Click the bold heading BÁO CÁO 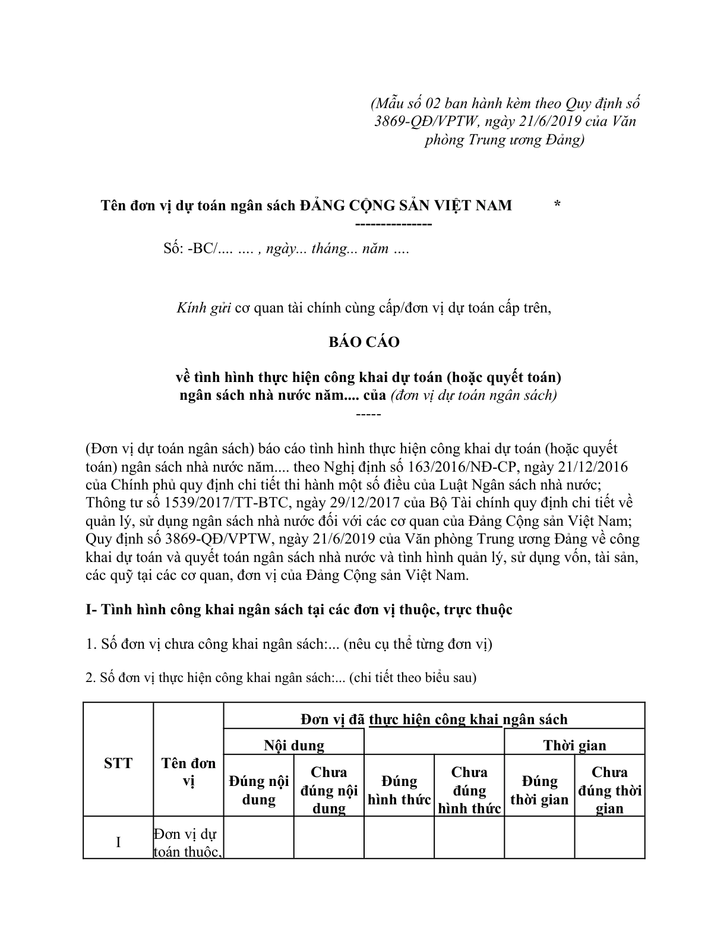coord(364,342)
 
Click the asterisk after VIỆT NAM coord(557,205)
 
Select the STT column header coord(118,763)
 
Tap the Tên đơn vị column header coord(188,772)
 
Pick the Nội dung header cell coord(294,745)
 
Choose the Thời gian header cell coord(574,745)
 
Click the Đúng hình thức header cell coord(399,790)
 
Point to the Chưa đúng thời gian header coord(609,790)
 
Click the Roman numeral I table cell coord(118,842)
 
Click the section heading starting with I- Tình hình coord(299,610)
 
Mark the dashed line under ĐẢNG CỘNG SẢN coord(393,224)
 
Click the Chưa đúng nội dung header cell coord(329,790)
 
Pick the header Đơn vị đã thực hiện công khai coord(434,719)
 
